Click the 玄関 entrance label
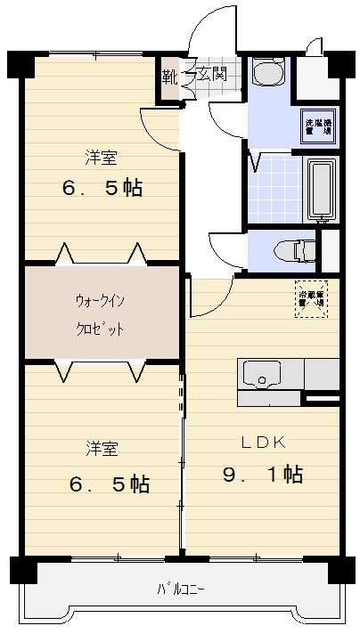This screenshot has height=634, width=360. point(212,73)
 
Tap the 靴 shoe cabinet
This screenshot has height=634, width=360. point(169,75)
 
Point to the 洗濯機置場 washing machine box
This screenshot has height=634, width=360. point(318,126)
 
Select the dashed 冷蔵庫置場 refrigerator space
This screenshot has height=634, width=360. point(311,298)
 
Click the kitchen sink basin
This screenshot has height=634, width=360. point(263,375)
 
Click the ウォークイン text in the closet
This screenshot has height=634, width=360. point(100,301)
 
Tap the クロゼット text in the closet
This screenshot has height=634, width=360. point(100,329)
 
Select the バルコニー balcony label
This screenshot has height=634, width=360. point(181,589)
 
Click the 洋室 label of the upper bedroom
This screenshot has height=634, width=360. point(102,157)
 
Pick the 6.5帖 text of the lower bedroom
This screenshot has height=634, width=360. point(109,484)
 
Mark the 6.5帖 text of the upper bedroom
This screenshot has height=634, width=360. point(103,189)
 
